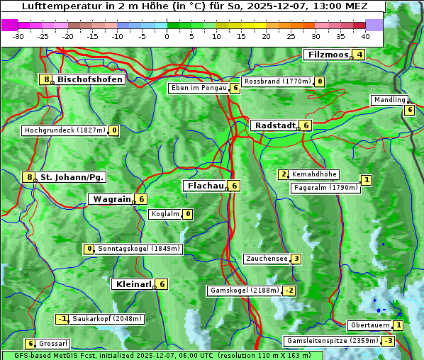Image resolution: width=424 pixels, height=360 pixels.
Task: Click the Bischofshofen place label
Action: tap(90, 79)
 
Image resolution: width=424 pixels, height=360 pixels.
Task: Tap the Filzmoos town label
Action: tap(328, 55)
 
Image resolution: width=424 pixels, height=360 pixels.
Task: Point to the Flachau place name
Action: tap(205, 186)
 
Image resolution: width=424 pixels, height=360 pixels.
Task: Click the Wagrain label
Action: tap(112, 200)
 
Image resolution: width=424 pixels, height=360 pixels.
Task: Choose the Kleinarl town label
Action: tap(133, 284)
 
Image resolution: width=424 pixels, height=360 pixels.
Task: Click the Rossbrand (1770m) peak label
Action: tap(277, 81)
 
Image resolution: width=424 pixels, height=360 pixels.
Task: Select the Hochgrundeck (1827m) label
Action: tap(64, 130)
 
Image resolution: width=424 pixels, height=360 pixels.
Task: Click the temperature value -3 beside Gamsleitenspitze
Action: tap(388, 341)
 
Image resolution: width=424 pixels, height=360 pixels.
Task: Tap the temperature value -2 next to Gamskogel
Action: tap(289, 291)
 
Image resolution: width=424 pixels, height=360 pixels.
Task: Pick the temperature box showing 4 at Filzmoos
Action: tap(359, 55)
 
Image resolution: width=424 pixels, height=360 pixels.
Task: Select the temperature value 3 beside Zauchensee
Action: tap(296, 259)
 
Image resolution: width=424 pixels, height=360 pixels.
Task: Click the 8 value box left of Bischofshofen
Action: tap(46, 79)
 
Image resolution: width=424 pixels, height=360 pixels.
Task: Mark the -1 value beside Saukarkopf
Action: tap(62, 319)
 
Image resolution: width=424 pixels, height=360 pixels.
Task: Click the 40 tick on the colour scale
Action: tap(365, 35)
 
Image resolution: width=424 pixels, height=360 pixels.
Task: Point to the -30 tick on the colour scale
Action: tap(18, 35)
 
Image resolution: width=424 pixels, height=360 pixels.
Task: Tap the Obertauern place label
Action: tap(370, 325)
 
